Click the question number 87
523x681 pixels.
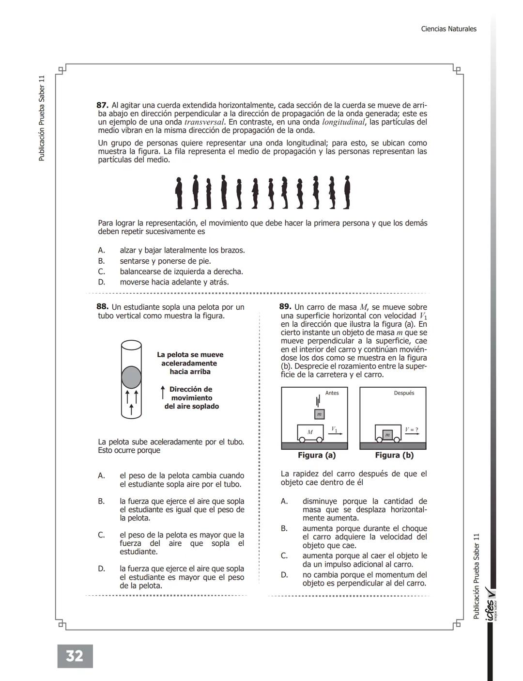point(102,105)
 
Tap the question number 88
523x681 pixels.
point(102,307)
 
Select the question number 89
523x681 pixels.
point(285,307)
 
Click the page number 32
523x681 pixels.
point(75,656)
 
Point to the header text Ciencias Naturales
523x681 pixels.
point(448,29)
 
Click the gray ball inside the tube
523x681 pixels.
point(131,377)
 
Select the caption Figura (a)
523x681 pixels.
point(317,455)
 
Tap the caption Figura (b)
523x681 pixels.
point(394,455)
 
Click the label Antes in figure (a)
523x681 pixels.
point(332,393)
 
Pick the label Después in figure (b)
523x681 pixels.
point(404,393)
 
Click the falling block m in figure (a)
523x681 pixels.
point(319,414)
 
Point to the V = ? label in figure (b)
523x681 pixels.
point(412,429)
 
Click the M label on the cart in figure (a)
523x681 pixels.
point(310,432)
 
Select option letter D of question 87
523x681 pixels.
point(101,282)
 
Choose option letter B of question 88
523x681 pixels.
point(101,501)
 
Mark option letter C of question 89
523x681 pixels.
point(284,556)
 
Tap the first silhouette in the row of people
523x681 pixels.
point(179,193)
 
